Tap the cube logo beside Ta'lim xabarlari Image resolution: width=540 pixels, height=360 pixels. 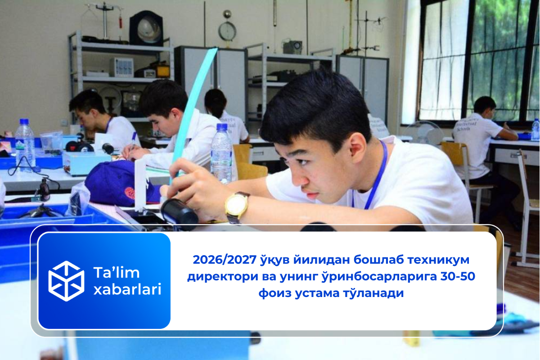[66, 281]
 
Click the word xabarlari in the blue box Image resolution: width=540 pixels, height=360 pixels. [127, 290]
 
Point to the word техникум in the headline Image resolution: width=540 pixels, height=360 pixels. [435, 260]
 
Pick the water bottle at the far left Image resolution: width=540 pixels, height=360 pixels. [25, 144]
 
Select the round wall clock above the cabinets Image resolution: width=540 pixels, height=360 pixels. [227, 31]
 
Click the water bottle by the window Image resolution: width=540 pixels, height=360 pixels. [535, 130]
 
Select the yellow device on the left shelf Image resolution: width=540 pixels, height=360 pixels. [162, 71]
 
